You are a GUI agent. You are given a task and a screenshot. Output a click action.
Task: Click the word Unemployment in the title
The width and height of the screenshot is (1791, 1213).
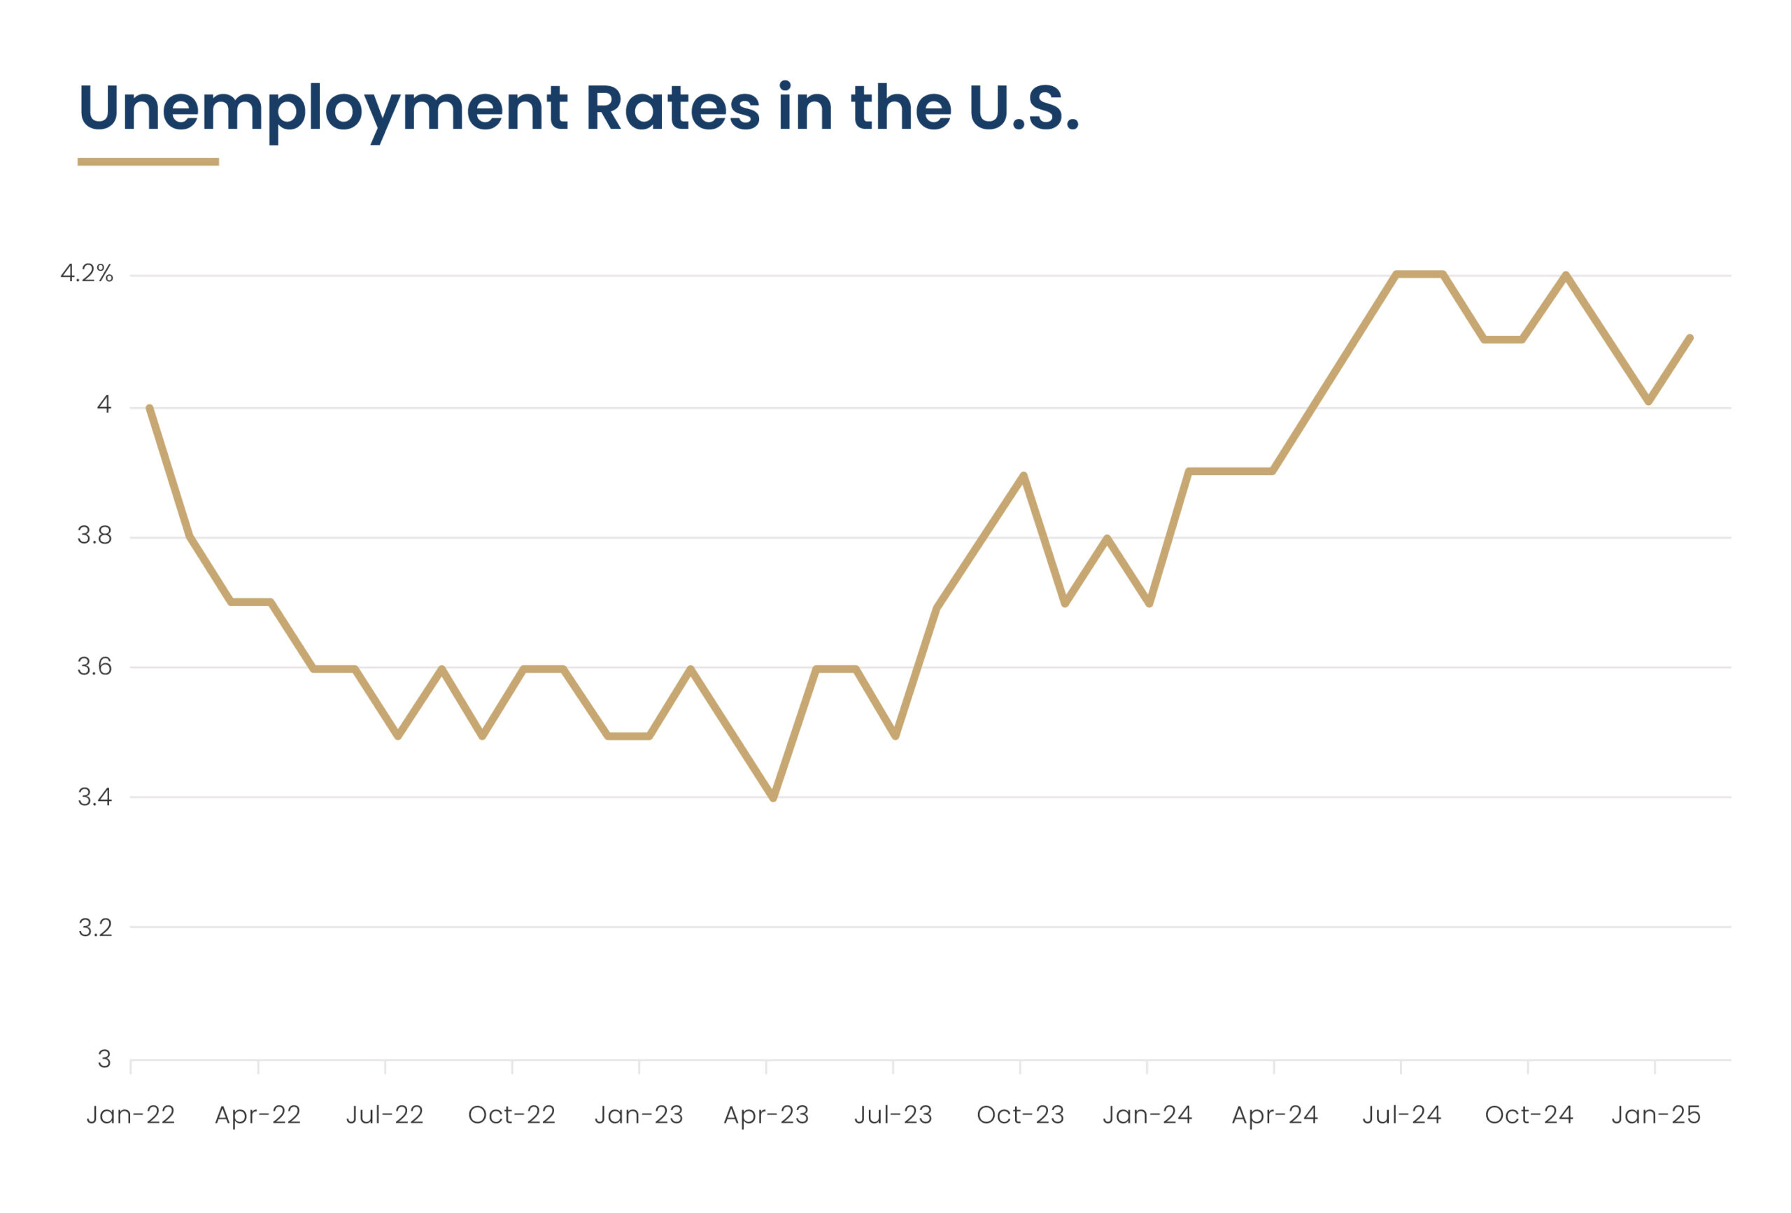coord(323,108)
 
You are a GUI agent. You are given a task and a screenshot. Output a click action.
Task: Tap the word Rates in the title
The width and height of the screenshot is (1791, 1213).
coord(672,108)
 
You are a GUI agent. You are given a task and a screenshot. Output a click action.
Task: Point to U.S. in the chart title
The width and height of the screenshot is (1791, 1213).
coord(1023,108)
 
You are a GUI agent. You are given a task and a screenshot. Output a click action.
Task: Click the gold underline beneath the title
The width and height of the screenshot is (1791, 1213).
coord(148,162)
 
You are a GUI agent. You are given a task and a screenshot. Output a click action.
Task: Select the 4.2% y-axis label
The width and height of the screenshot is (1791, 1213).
coord(87,274)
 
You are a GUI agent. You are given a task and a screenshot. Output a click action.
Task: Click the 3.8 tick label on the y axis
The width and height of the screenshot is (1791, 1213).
coord(94,536)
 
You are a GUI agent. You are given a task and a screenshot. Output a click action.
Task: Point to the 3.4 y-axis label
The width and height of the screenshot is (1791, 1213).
coord(94,797)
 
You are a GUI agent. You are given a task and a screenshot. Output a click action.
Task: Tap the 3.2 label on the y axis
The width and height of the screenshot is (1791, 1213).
coord(94,928)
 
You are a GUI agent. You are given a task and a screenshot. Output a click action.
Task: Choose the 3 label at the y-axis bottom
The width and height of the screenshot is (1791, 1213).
coord(104,1059)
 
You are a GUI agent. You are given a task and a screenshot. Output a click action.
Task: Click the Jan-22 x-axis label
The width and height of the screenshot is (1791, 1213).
coord(130,1115)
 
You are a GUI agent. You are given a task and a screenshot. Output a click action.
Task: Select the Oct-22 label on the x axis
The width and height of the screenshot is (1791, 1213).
coord(511,1115)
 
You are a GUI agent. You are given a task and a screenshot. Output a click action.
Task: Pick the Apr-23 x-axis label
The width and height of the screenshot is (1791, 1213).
coord(766,1115)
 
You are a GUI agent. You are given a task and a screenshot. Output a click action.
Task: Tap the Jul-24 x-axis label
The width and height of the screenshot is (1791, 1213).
coord(1401,1115)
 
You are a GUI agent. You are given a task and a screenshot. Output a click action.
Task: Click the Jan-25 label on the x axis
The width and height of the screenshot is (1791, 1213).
coord(1655,1115)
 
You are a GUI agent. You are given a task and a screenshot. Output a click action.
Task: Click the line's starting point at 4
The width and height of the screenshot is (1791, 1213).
coord(150,408)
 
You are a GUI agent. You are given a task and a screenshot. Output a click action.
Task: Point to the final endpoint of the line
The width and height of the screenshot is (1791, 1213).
coord(1690,339)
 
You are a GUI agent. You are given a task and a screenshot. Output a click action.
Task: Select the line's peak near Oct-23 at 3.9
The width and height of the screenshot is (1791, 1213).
coord(1024,475)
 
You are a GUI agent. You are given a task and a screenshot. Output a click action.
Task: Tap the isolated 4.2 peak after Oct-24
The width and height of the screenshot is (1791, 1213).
coord(1566,274)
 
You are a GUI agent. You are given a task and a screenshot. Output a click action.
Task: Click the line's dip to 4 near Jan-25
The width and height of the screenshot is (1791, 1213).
coord(1648,402)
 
